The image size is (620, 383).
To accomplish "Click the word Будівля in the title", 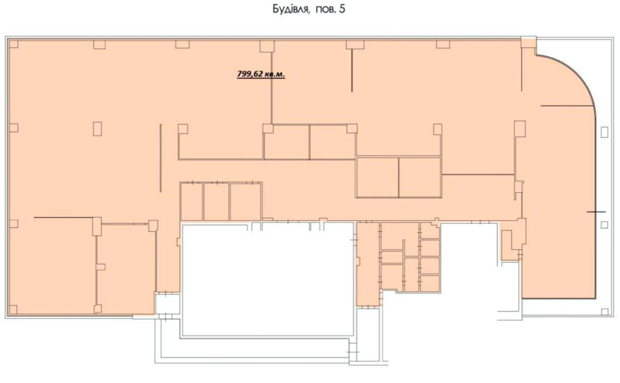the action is click(x=290, y=9).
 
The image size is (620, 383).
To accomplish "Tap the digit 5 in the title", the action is click(x=342, y=9).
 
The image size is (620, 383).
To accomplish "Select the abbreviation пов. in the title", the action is click(x=325, y=9).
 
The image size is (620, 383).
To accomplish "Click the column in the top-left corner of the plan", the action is click(x=13, y=44).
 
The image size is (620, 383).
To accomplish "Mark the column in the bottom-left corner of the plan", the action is click(x=13, y=309).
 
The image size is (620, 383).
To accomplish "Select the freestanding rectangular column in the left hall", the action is click(x=98, y=129).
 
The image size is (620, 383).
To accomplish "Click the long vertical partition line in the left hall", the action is click(x=161, y=158).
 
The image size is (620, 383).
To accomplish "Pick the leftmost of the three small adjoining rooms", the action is click(x=191, y=202).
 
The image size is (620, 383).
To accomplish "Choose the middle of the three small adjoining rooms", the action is click(x=216, y=202).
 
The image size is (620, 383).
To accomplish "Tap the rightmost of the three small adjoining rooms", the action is click(x=246, y=202).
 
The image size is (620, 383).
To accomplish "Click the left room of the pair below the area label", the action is click(x=287, y=142).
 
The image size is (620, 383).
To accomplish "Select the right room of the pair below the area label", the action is click(x=332, y=142).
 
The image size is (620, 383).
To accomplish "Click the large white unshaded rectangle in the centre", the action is click(x=268, y=280).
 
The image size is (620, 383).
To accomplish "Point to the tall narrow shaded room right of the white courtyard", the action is click(x=367, y=264).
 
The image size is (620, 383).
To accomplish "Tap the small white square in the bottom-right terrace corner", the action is click(x=605, y=312).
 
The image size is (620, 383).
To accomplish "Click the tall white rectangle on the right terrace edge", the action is click(x=605, y=132).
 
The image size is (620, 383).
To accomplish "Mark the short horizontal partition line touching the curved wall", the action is click(x=568, y=106).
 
